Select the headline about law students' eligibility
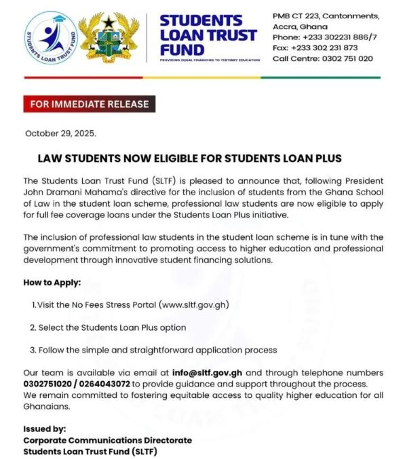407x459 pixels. pyautogui.click(x=189, y=159)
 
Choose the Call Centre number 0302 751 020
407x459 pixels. pyautogui.click(x=323, y=59)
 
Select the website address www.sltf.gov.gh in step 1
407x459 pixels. pyautogui.click(x=193, y=304)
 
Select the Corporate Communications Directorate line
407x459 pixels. pyautogui.click(x=107, y=440)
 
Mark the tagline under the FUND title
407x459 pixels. pyautogui.click(x=210, y=60)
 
